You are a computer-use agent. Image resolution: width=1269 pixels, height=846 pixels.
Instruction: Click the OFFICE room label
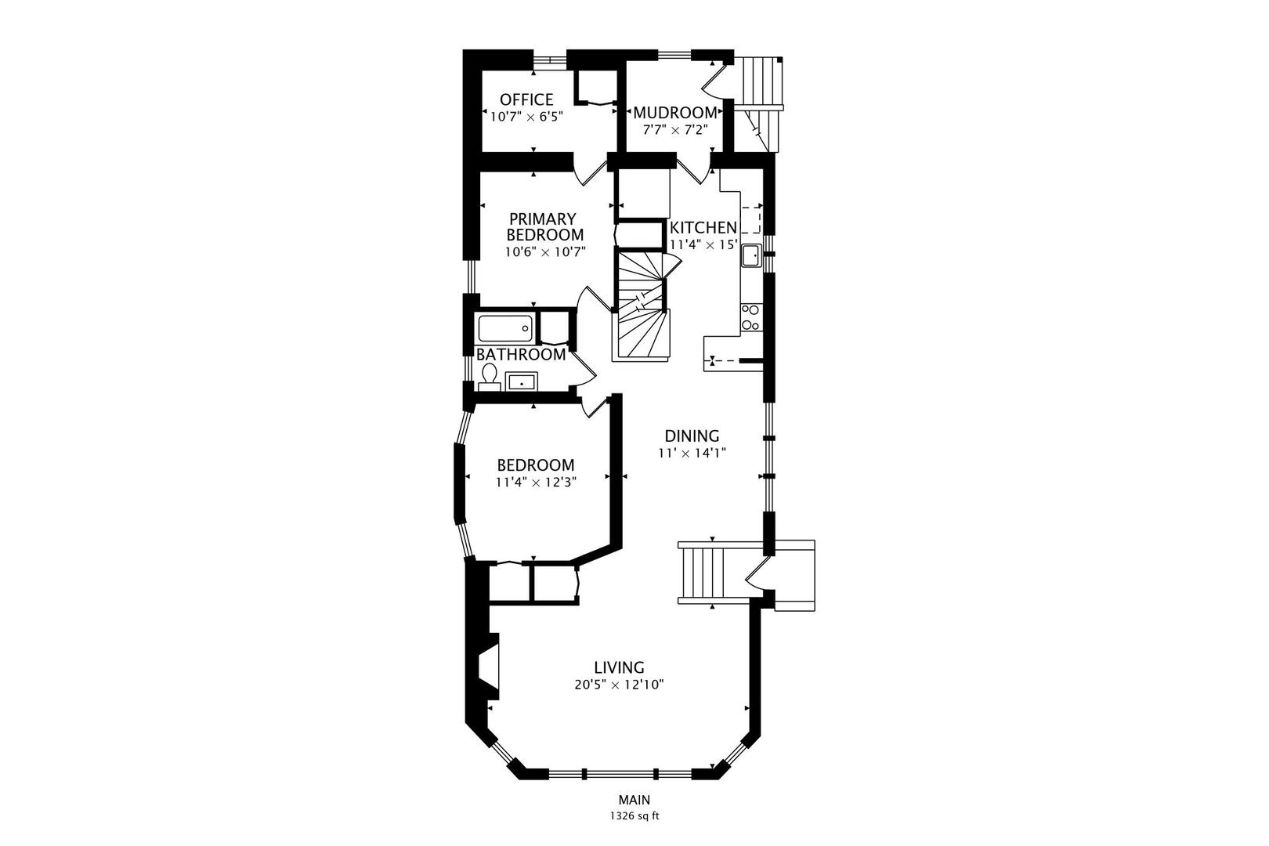tap(526, 99)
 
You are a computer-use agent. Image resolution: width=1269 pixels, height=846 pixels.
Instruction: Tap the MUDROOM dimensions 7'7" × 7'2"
tap(675, 130)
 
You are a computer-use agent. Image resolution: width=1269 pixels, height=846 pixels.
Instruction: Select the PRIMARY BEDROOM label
tap(544, 227)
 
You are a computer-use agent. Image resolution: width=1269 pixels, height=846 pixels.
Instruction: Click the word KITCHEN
tap(703, 227)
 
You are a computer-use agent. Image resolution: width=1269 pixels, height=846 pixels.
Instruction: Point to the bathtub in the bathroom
tap(505, 327)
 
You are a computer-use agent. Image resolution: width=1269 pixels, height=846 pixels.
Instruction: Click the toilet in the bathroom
tap(490, 377)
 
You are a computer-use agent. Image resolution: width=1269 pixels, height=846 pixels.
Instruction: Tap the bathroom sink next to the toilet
tap(521, 382)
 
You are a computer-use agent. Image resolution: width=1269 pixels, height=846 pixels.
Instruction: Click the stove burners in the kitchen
tap(750, 317)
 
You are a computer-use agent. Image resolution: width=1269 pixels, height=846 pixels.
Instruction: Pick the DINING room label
tap(692, 436)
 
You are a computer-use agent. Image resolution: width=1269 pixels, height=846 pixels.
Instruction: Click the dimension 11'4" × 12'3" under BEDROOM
tap(536, 483)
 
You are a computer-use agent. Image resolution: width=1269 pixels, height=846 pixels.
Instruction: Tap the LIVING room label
tap(619, 667)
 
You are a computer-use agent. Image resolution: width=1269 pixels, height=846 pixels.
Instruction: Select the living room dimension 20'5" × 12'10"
tap(619, 685)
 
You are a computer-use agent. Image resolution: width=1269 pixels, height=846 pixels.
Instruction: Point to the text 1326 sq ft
tap(634, 815)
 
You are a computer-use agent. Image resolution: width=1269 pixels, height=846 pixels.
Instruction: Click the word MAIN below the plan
tap(634, 800)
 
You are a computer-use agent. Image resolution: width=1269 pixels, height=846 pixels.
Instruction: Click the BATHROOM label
tap(521, 354)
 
